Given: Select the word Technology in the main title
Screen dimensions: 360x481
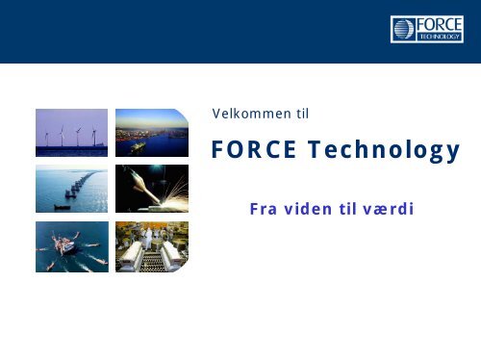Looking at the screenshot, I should pyautogui.click(x=384, y=151).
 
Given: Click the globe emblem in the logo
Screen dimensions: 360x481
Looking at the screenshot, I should pyautogui.click(x=402, y=30).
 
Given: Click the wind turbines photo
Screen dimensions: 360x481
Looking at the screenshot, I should pyautogui.click(x=70, y=133).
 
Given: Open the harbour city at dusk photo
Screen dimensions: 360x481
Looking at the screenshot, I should pyautogui.click(x=151, y=133).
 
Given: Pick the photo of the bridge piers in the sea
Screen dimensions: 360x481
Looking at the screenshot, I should pyautogui.click(x=70, y=189).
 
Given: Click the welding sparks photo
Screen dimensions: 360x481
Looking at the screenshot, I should pyautogui.click(x=151, y=189).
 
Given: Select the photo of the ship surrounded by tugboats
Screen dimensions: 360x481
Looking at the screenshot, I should pyautogui.click(x=70, y=246).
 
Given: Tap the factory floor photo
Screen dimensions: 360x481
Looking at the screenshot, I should pyautogui.click(x=151, y=246).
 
